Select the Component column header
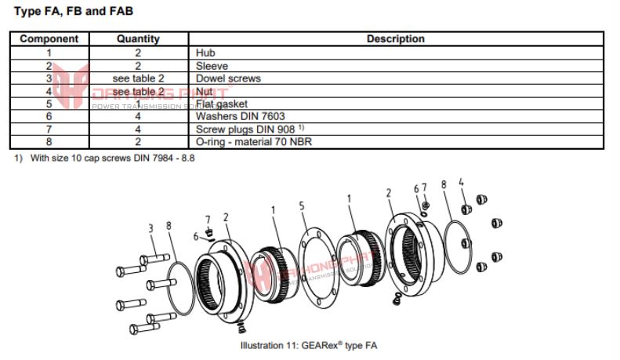tap(49, 38)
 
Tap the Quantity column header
tap(138, 38)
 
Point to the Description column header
tap(395, 38)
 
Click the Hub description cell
tap(206, 53)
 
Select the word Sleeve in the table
tap(212, 66)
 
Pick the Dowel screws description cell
tap(227, 78)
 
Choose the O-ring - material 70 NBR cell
tap(258, 142)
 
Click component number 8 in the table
tap(49, 142)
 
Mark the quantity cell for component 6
tap(138, 116)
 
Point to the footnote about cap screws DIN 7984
tap(103, 158)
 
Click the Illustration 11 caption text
tap(310, 345)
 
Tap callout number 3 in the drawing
tap(150, 228)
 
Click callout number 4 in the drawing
tap(462, 183)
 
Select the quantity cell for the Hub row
tap(138, 53)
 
